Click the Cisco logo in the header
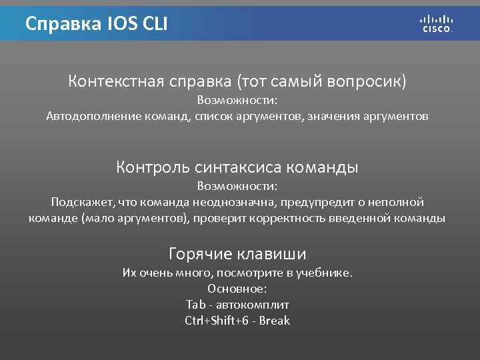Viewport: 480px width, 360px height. pyautogui.click(x=437, y=23)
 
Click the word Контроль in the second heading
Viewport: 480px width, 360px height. pyautogui.click(x=153, y=167)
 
